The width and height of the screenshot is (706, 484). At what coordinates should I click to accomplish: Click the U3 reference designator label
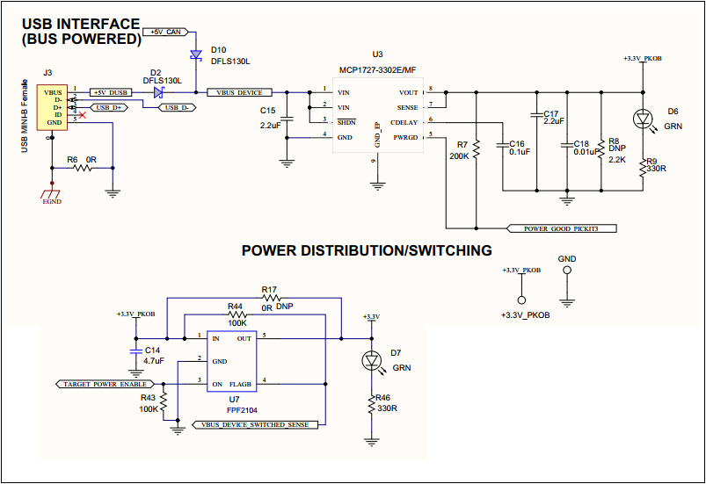377,54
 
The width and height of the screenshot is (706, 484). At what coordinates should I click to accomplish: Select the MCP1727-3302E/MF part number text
378,69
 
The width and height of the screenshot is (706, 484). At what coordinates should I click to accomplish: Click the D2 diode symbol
158,92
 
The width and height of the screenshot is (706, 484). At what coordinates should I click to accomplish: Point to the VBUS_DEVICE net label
240,92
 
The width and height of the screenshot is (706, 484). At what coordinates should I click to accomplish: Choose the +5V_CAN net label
165,32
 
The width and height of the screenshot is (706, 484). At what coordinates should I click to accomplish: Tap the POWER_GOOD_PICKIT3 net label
564,228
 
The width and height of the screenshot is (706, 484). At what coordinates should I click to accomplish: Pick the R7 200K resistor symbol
475,149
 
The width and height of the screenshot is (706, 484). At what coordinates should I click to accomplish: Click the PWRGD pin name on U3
405,136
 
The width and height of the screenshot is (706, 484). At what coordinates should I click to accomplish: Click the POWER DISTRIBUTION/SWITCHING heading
367,251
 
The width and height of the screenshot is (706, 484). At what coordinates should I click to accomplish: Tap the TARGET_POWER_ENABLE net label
104,384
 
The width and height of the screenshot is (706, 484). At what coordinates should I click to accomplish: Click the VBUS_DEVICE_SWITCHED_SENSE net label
254,424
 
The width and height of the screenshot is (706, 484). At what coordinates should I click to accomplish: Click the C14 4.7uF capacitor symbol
135,350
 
